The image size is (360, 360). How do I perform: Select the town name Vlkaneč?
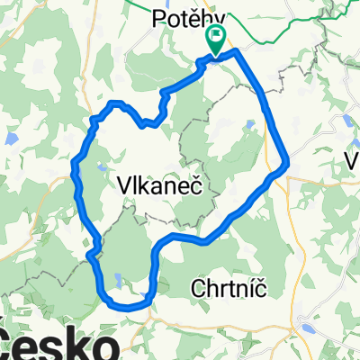pyautogui.click(x=158, y=184)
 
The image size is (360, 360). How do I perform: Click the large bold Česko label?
pyautogui.click(x=59, y=345)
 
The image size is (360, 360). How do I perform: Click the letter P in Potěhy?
pyautogui.click(x=157, y=16)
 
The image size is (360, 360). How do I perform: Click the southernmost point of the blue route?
pyautogui.click(x=131, y=307)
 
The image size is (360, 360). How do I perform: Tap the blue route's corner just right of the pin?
pyautogui.click(x=238, y=52)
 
